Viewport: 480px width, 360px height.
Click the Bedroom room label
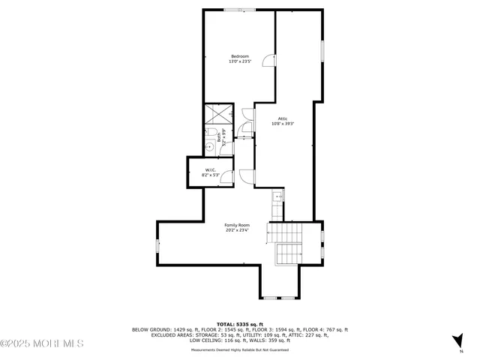coord(239,57)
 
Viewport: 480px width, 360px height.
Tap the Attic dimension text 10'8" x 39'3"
coord(283,124)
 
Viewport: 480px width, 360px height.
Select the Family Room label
coord(237,225)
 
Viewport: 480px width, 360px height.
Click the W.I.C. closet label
coord(211,170)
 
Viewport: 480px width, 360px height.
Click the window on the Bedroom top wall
coord(239,10)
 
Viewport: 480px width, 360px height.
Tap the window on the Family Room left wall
coord(157,245)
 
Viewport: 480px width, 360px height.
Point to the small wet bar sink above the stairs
coord(277,198)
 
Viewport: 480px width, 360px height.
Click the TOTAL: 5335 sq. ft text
coord(240,322)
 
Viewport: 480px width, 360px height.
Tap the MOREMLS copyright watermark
coord(41,343)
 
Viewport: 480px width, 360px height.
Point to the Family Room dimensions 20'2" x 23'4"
coord(237,230)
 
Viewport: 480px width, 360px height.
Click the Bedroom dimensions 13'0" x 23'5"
coord(239,62)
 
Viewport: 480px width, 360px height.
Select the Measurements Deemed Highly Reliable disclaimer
coord(240,349)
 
